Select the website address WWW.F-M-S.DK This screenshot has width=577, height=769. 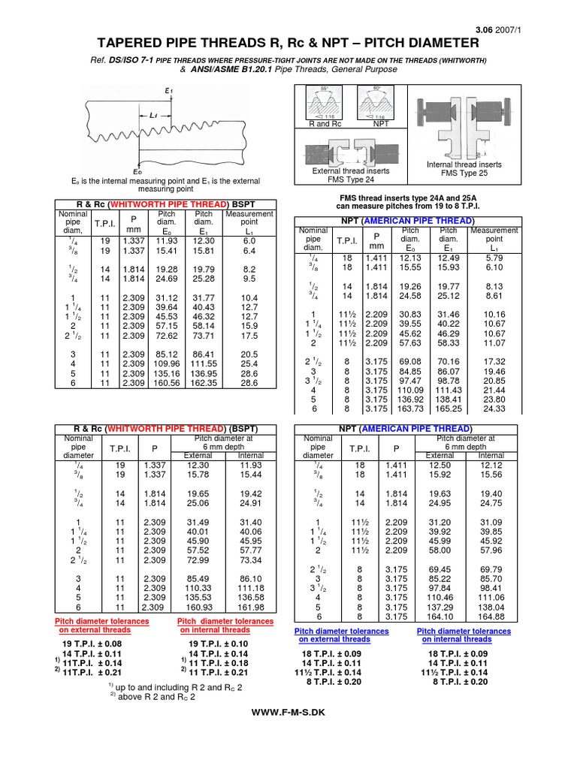coord(288,710)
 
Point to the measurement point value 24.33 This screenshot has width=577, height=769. coord(494,409)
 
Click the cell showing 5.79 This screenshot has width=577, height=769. coord(494,258)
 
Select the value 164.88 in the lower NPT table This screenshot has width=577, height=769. coord(491,617)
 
